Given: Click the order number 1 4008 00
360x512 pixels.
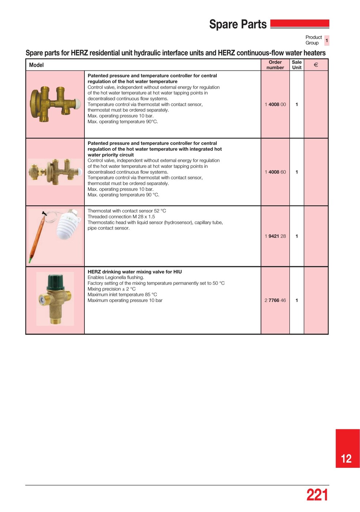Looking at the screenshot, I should coord(275,105).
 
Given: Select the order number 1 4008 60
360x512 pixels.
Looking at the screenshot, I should coord(275,172).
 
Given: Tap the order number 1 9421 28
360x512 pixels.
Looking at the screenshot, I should coord(275,236).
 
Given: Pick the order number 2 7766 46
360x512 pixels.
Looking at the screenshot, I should coord(275,301).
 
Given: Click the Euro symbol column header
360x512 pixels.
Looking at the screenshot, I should coord(316,65).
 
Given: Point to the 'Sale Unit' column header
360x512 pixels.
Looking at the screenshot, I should coord(296,65).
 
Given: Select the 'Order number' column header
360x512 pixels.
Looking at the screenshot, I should coord(275,65).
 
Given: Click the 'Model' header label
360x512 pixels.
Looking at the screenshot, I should coord(36,65).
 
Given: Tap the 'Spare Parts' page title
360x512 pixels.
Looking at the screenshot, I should coord(238,25).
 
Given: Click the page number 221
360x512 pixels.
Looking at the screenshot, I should coord(317,495).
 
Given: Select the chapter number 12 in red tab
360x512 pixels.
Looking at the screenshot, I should coord(346,459).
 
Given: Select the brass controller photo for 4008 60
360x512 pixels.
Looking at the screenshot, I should coord(55,172).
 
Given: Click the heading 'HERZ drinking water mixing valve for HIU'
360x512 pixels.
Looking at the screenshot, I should coord(134,272).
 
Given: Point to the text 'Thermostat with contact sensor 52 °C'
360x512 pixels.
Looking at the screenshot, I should coord(126,211).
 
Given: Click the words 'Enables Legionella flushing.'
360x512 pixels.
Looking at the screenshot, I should coord(115,278).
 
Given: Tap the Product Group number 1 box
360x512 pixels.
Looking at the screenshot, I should coord(326,40).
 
